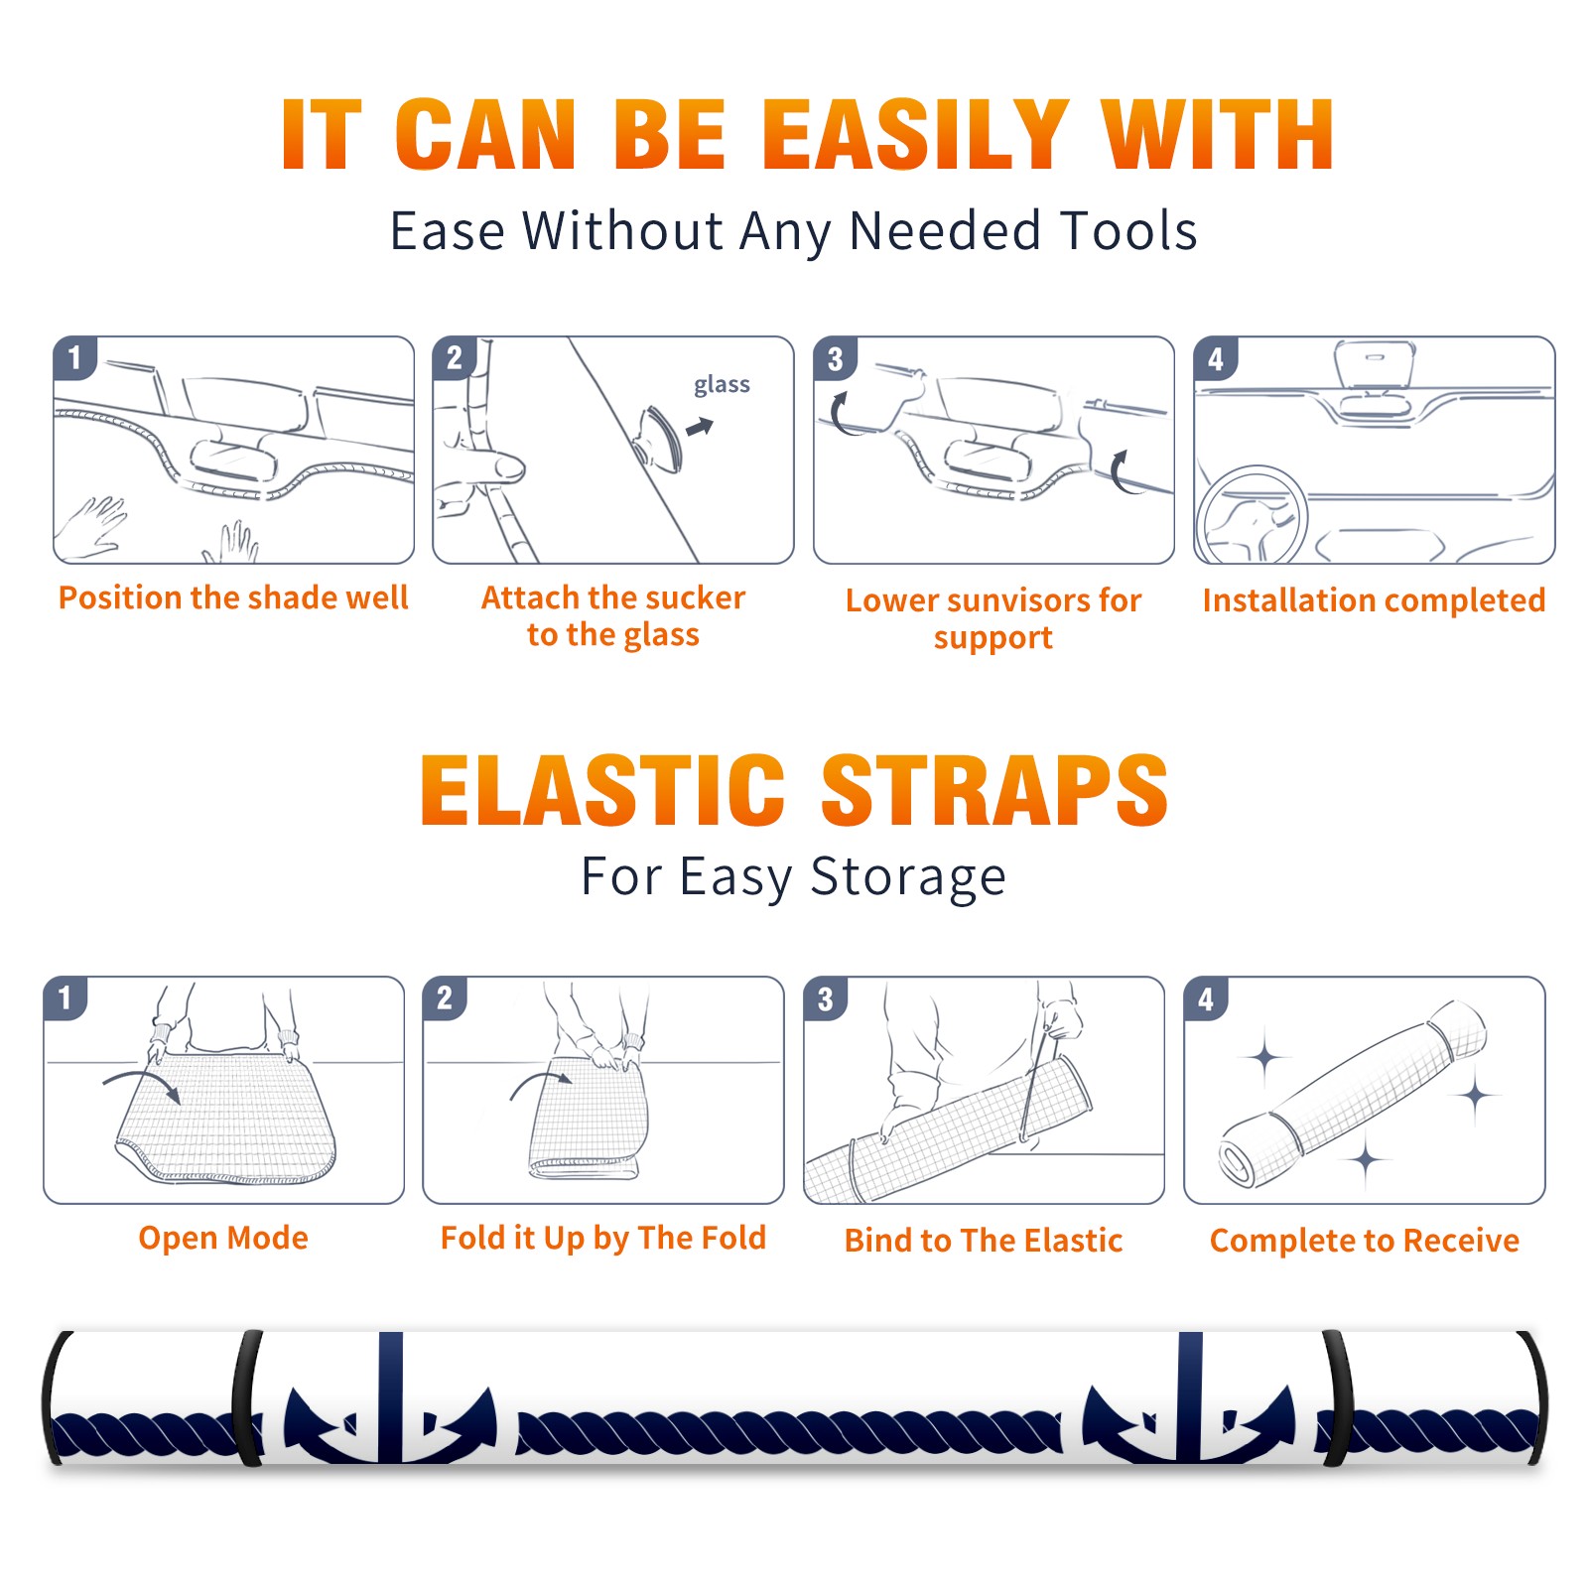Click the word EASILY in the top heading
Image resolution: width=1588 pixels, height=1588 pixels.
click(916, 135)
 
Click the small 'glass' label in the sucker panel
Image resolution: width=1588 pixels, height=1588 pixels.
click(722, 385)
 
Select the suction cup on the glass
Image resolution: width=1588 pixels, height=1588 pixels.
click(659, 438)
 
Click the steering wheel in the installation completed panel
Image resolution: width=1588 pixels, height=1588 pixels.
click(1252, 514)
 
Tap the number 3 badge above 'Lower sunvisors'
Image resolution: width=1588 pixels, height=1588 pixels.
click(836, 358)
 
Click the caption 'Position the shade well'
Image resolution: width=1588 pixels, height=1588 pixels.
click(233, 597)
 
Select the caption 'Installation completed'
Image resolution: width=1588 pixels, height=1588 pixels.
click(1374, 600)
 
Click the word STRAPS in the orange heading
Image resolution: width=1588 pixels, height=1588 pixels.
click(994, 790)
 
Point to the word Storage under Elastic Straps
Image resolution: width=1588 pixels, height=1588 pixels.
click(908, 877)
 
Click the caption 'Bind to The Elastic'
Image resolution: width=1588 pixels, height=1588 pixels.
click(984, 1241)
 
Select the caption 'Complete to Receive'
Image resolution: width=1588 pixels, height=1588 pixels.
click(1365, 1241)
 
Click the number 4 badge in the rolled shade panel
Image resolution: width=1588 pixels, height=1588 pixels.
click(1206, 998)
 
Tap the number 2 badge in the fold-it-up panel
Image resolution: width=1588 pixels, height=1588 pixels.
click(445, 998)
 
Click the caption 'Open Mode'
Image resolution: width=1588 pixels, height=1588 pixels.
click(223, 1238)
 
